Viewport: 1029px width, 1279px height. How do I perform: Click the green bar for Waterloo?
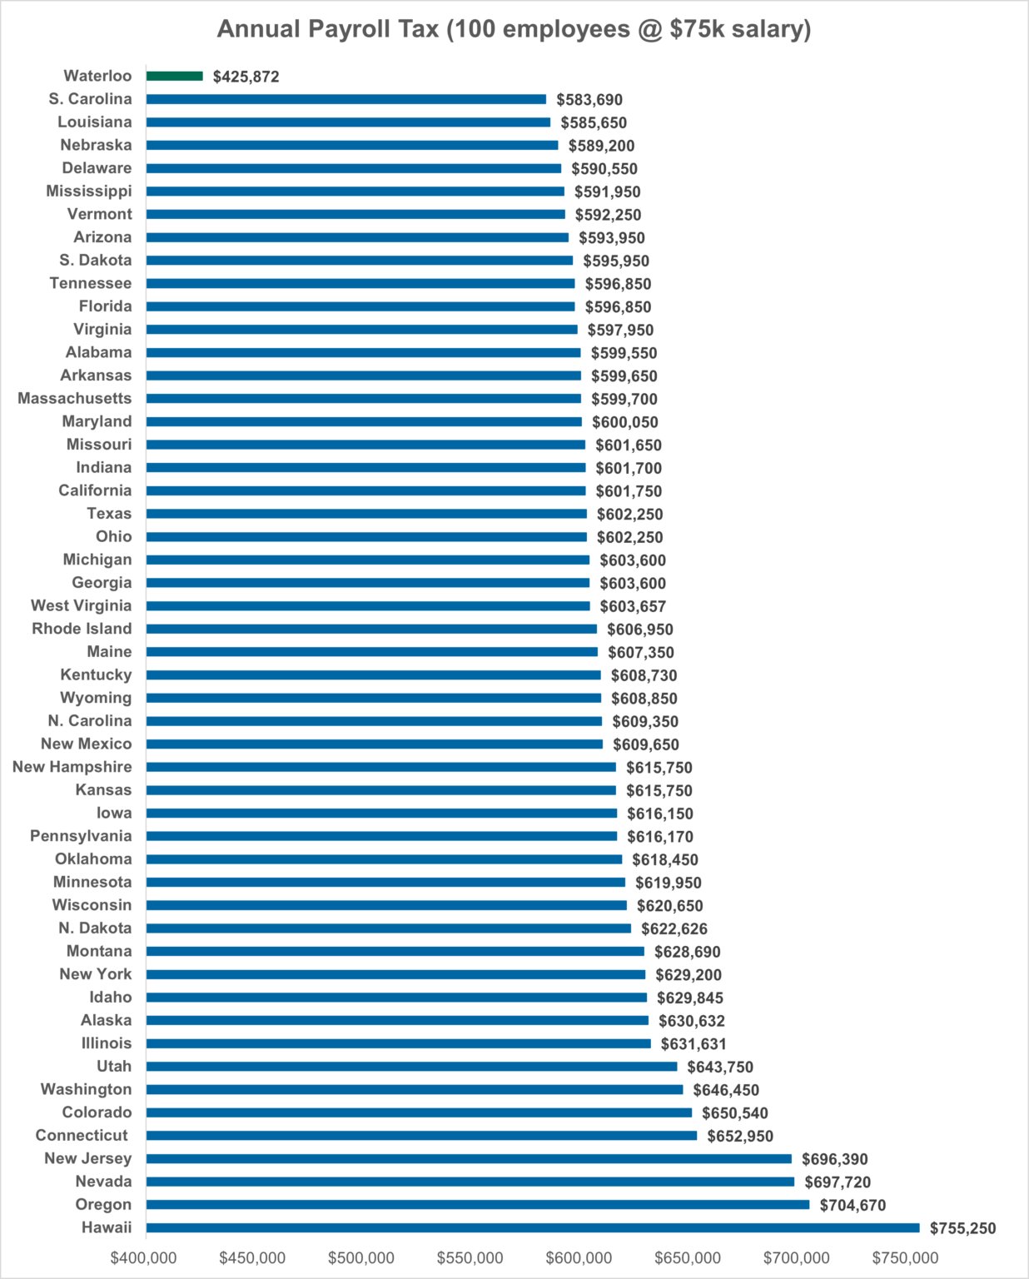[x=175, y=76]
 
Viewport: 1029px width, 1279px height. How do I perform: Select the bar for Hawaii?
[x=533, y=1227]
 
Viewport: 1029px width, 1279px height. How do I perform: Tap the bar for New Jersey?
[x=469, y=1158]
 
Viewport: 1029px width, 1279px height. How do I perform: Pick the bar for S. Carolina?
[x=346, y=99]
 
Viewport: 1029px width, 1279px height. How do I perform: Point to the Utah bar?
[x=411, y=1067]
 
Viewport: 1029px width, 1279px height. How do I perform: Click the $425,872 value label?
[x=246, y=77]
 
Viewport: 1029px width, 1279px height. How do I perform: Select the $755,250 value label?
[x=962, y=1228]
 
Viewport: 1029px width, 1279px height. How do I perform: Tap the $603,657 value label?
[x=633, y=606]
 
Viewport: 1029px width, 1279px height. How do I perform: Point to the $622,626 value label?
[x=674, y=928]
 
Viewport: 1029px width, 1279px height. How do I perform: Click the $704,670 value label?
[x=853, y=1205]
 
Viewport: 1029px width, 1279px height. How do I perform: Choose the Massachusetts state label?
[x=75, y=399]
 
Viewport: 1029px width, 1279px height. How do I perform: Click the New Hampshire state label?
[x=72, y=767]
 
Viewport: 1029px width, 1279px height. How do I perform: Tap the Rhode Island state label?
[x=82, y=629]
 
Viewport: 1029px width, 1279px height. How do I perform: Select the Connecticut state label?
[x=82, y=1136]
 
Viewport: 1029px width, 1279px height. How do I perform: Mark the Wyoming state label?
[x=96, y=698]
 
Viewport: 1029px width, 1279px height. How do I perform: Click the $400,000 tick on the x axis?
[x=144, y=1258]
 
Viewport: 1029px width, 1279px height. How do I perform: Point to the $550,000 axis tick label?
[x=470, y=1258]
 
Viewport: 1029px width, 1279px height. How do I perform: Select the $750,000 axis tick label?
[x=905, y=1258]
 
